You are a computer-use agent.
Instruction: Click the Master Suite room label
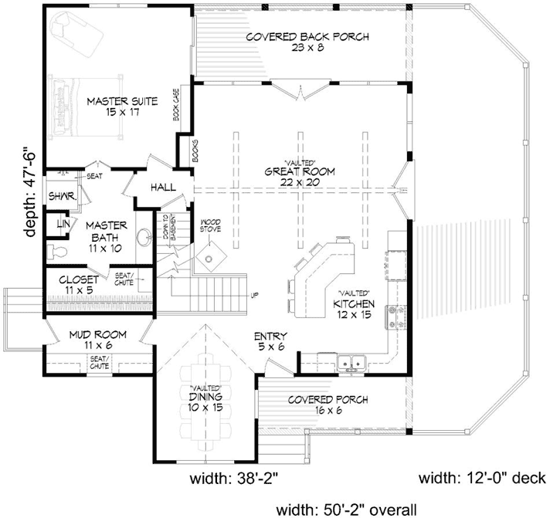tap(122, 107)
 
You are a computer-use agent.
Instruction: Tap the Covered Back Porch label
tap(307, 42)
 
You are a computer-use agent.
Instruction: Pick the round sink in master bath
tap(143, 238)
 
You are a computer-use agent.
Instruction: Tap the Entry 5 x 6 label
tap(270, 342)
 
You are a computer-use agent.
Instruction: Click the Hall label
tap(163, 188)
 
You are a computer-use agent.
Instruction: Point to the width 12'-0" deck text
tap(483, 479)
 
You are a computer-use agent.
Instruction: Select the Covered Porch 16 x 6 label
tap(328, 405)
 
